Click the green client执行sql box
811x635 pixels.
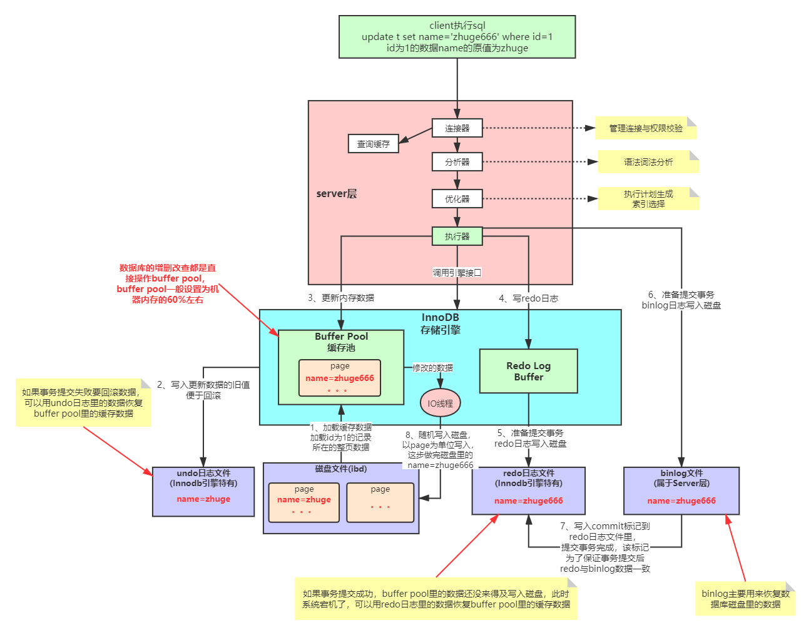pos(457,37)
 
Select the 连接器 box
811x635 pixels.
pos(457,128)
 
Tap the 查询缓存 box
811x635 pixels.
pos(373,144)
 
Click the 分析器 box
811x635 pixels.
pos(457,162)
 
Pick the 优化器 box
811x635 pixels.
pos(457,199)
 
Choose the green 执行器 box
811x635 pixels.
pos(457,236)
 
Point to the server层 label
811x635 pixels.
pos(336,194)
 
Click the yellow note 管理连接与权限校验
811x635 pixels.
pos(646,128)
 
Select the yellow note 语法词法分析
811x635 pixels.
pos(648,162)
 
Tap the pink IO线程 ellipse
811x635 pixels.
pos(440,404)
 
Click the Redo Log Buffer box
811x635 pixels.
pos(528,371)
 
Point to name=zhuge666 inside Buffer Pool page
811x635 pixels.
pos(340,378)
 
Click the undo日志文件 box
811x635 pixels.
pos(203,491)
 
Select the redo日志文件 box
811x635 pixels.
pos(528,491)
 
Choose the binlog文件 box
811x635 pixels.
pos(681,491)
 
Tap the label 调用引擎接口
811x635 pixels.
pos(457,273)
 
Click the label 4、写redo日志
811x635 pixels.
pos(528,298)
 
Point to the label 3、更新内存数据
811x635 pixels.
pos(341,298)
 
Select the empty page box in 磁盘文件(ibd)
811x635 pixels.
pos(380,502)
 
